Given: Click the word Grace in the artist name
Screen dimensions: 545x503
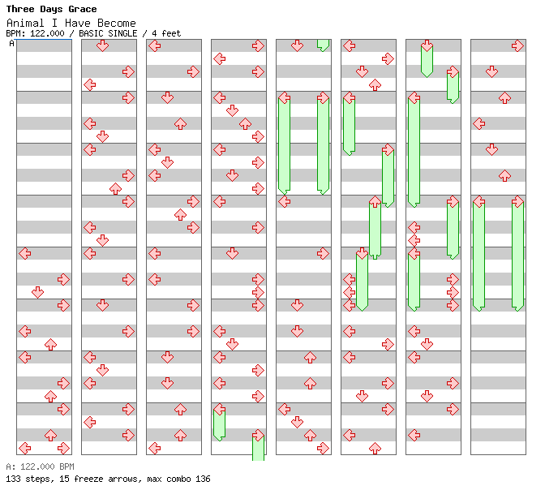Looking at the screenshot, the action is point(83,9).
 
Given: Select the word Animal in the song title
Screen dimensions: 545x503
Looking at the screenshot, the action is point(25,24).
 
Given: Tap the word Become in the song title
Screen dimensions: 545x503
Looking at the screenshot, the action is point(117,24).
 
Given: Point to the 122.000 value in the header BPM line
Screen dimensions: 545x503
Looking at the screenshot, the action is point(47,33).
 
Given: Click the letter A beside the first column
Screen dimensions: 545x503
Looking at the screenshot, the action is point(12,44).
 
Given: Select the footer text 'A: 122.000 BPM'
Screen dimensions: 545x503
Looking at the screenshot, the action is point(40,466).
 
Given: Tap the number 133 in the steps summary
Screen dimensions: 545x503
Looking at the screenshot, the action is point(13,479).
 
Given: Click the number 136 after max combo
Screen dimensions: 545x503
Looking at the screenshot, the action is point(203,479).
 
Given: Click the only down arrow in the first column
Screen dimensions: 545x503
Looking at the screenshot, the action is point(37,292).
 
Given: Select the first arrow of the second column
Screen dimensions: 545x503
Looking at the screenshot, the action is point(102,45).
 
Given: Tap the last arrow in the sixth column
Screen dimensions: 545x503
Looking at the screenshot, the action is point(375,448).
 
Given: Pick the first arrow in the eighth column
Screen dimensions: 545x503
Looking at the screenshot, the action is point(517,45).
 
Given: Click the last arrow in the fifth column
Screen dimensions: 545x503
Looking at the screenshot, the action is point(323,448).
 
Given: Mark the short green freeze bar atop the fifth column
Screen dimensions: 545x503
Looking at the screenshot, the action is point(323,45).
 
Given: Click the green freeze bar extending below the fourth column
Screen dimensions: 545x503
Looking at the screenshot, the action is point(258,449).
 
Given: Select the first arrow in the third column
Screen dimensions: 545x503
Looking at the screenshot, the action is point(155,45).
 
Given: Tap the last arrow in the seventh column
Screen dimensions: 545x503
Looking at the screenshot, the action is point(414,435).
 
